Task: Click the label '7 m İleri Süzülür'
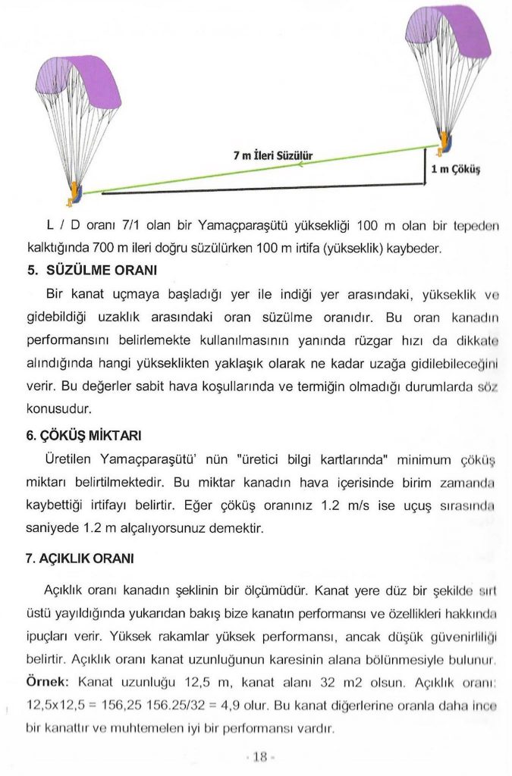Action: click(273, 156)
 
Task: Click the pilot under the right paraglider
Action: click(445, 142)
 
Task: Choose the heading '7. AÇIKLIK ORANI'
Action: click(80, 559)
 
